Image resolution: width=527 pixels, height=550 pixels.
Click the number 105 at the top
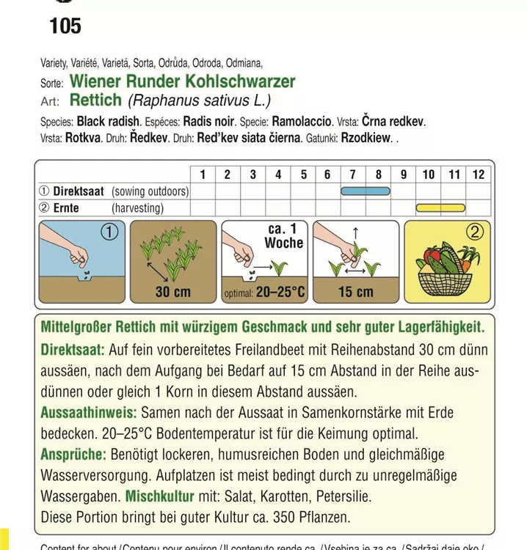pyautogui.click(x=65, y=27)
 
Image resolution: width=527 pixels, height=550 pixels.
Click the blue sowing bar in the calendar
pyautogui.click(x=366, y=191)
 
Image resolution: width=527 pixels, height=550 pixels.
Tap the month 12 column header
pyautogui.click(x=479, y=175)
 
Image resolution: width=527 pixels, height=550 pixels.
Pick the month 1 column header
pyautogui.click(x=203, y=175)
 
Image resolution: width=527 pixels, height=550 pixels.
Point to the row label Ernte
pyautogui.click(x=65, y=208)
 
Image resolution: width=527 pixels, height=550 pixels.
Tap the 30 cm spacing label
pyautogui.click(x=172, y=292)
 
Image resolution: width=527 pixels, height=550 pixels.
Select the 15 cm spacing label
pyautogui.click(x=356, y=292)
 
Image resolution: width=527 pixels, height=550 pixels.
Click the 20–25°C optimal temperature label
pyautogui.click(x=280, y=293)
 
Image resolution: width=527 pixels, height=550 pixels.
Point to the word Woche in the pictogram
pyautogui.click(x=283, y=243)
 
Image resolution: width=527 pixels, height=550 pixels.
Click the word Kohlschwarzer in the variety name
pyautogui.click(x=246, y=81)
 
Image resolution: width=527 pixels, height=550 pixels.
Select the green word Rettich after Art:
pyautogui.click(x=96, y=100)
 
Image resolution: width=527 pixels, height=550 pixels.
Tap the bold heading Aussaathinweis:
pyautogui.click(x=89, y=413)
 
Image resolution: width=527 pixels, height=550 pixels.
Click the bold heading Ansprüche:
pyautogui.click(x=73, y=455)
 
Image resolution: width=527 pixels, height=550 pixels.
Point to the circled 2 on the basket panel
pyautogui.click(x=475, y=233)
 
